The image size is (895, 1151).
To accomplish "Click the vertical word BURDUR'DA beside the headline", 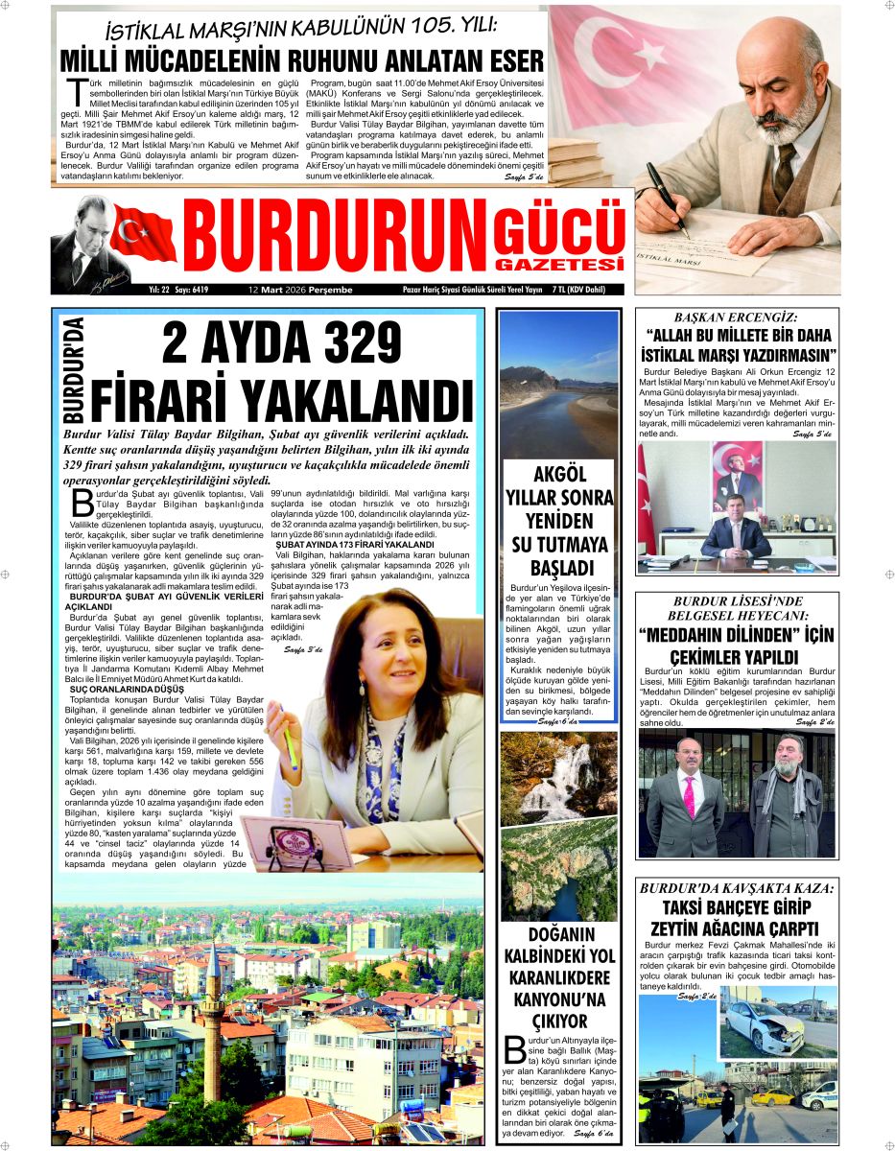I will [x=74, y=369].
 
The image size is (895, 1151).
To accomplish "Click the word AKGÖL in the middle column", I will [x=559, y=477].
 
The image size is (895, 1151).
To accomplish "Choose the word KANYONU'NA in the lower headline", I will [x=559, y=999].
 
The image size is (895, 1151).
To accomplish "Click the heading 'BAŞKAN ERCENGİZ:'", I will [x=736, y=317].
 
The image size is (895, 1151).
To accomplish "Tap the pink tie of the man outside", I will [x=688, y=797].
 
